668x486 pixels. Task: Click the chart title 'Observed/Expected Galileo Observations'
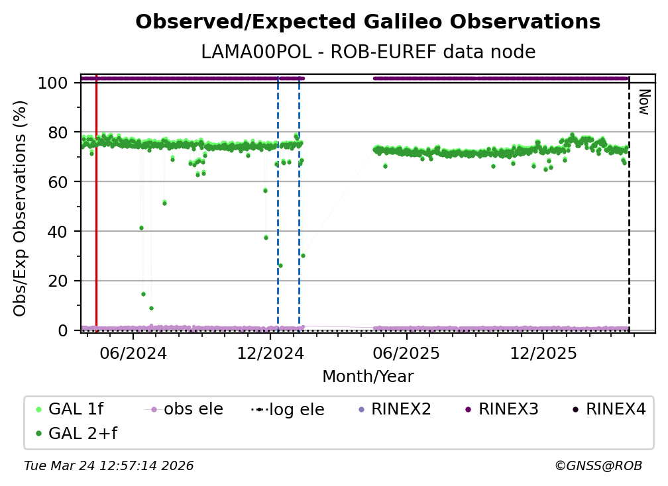pos(368,23)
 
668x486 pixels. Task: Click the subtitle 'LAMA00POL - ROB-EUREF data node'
pos(368,52)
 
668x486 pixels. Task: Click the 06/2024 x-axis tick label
pos(133,354)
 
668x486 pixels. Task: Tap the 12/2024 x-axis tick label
pos(270,354)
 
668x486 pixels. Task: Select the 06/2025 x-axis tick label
pos(406,354)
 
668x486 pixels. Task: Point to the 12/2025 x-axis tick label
pos(543,354)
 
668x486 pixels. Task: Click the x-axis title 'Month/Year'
pos(368,377)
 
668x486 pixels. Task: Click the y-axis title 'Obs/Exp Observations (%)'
pos(21,208)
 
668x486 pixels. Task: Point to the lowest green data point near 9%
pos(151,308)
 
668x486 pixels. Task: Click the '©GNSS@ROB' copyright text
pos(598,466)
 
